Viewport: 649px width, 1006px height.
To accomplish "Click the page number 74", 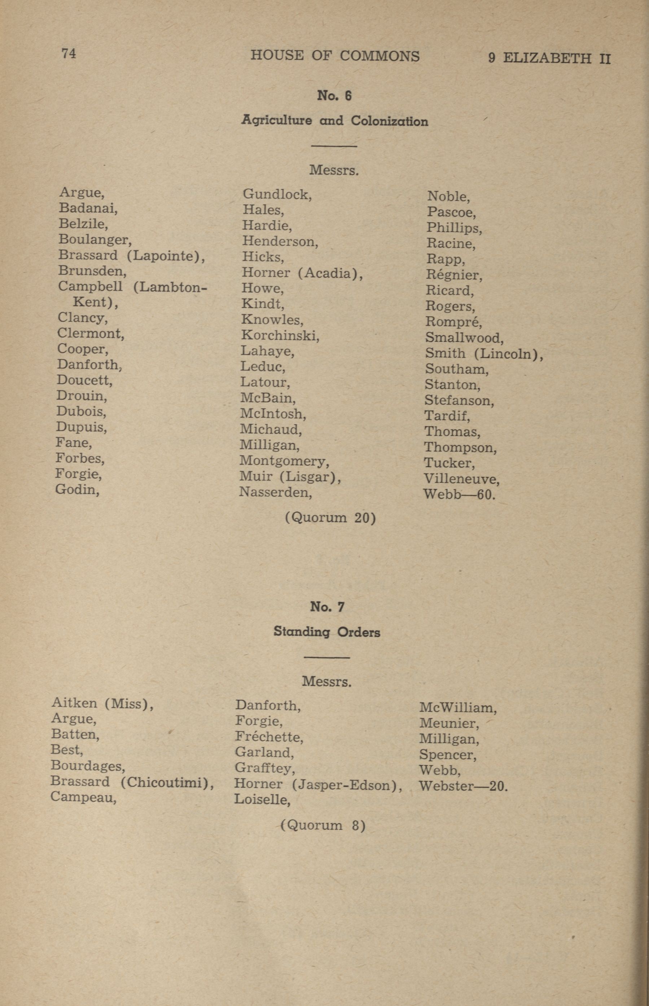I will click(69, 53).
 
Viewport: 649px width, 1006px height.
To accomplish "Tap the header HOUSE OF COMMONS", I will click(335, 56).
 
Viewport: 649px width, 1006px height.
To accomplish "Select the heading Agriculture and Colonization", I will click(335, 121).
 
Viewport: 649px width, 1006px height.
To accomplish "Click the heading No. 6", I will click(334, 96).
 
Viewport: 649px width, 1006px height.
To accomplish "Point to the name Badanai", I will click(88, 208).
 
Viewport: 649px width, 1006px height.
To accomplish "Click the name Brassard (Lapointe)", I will click(131, 255).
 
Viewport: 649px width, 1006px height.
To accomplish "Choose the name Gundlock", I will click(277, 194).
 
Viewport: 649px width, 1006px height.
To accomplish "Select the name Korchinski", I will click(280, 336).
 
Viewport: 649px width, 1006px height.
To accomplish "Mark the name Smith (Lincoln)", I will click(484, 354).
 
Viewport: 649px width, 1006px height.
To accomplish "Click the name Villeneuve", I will click(461, 479).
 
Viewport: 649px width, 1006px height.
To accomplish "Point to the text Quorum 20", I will click(330, 517).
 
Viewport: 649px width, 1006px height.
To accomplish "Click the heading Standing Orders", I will click(326, 632).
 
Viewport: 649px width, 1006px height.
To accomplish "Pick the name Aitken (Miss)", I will click(102, 703).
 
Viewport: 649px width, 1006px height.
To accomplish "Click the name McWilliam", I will click(458, 708).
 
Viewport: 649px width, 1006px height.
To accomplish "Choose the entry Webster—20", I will click(463, 786).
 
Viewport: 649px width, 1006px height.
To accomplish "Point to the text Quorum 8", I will click(323, 825).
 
